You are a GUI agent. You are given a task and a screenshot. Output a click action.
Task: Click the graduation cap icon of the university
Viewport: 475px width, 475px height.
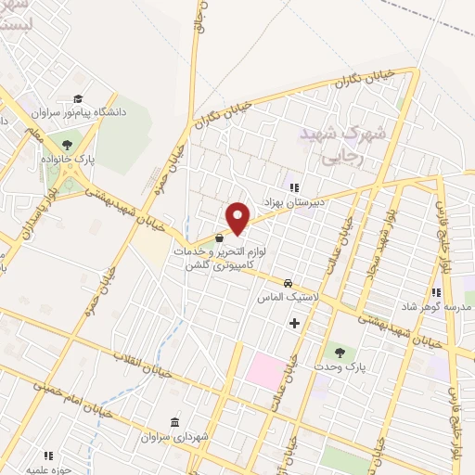[x=80, y=98]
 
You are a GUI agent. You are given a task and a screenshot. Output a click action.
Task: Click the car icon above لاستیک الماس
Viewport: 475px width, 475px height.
[x=289, y=282]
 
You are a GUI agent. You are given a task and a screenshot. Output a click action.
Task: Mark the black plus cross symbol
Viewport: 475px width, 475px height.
[x=295, y=323]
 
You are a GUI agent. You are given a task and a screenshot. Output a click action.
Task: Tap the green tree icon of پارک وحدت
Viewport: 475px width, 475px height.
[x=338, y=352]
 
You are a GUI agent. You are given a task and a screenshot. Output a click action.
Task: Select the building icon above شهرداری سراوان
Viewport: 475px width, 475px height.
[x=175, y=420]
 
